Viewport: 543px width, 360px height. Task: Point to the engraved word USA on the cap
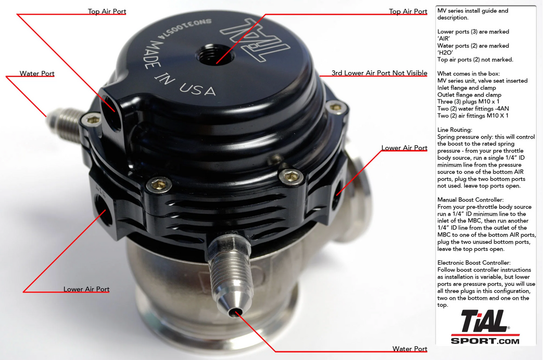[198, 88]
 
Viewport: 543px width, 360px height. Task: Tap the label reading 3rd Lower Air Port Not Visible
[379, 73]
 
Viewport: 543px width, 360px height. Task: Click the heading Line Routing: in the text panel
[454, 130]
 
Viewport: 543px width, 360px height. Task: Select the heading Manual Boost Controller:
[471, 200]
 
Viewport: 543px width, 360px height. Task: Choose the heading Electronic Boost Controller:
[474, 263]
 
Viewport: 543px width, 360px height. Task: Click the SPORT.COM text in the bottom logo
[485, 341]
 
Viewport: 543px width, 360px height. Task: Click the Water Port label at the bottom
[409, 349]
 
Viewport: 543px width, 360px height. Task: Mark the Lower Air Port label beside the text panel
[404, 148]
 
